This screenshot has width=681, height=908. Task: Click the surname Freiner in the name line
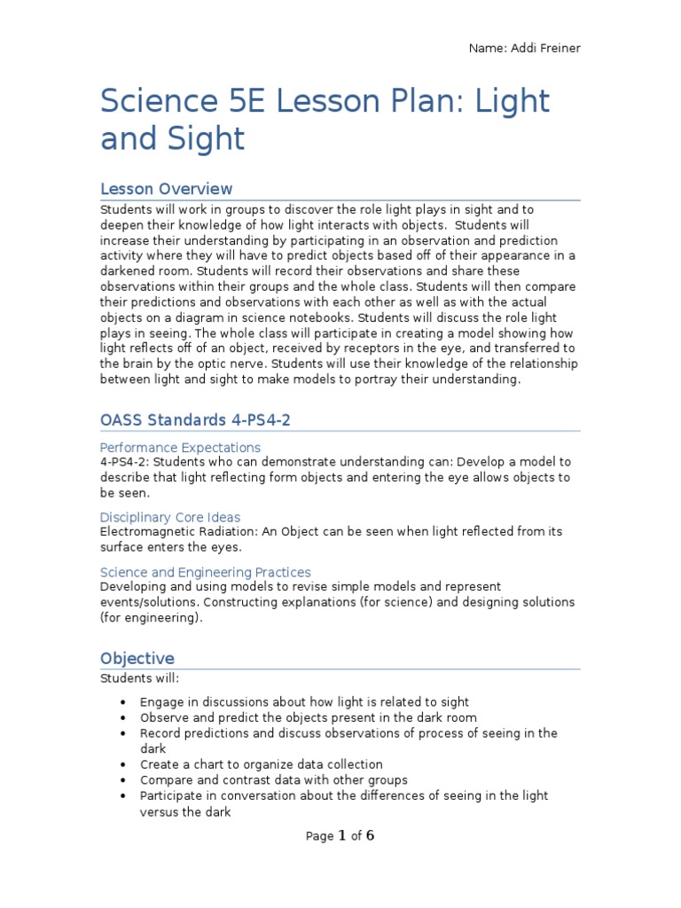tap(557, 47)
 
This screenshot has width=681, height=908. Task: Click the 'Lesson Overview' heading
tap(166, 189)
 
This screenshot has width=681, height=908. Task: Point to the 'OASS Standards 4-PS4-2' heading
tap(195, 419)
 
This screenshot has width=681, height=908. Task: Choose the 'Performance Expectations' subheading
tap(180, 448)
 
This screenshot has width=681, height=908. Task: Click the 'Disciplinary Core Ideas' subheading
tap(170, 517)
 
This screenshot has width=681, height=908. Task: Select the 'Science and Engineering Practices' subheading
tap(205, 572)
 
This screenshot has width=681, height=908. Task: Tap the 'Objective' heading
tap(137, 658)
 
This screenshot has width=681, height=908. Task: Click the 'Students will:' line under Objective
tap(139, 678)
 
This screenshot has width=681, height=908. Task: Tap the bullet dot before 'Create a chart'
tap(122, 764)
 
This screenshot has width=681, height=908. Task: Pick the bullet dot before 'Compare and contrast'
tap(122, 780)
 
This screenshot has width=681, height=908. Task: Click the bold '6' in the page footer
tap(371, 835)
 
